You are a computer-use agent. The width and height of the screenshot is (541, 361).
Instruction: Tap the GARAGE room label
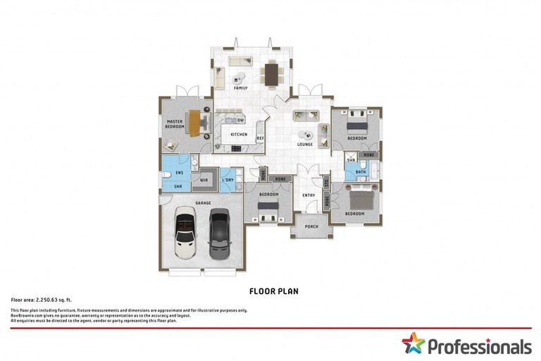click(x=203, y=202)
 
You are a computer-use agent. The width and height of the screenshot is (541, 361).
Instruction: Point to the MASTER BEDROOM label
click(x=174, y=124)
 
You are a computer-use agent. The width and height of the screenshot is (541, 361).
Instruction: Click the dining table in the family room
click(x=272, y=73)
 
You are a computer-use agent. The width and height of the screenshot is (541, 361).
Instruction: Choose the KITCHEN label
click(x=239, y=134)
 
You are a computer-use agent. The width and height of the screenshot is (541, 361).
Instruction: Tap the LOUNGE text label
click(x=304, y=145)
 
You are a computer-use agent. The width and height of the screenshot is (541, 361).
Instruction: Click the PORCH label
click(x=310, y=227)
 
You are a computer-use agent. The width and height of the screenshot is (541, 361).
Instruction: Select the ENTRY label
click(x=309, y=195)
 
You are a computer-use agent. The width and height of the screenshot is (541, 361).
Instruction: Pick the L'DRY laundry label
click(x=228, y=180)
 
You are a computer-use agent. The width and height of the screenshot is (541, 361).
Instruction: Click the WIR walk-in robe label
click(x=204, y=180)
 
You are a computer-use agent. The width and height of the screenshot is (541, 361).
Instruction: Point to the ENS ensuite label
click(x=179, y=173)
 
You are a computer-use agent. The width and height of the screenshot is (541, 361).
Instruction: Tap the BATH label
click(x=360, y=173)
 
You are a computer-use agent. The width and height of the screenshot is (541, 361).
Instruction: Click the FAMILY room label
click(x=241, y=88)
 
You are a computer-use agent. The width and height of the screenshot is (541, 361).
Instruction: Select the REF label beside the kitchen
click(x=259, y=138)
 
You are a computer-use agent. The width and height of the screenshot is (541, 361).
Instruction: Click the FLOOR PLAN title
click(x=270, y=290)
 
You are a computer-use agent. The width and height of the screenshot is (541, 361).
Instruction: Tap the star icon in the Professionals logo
click(x=413, y=344)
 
